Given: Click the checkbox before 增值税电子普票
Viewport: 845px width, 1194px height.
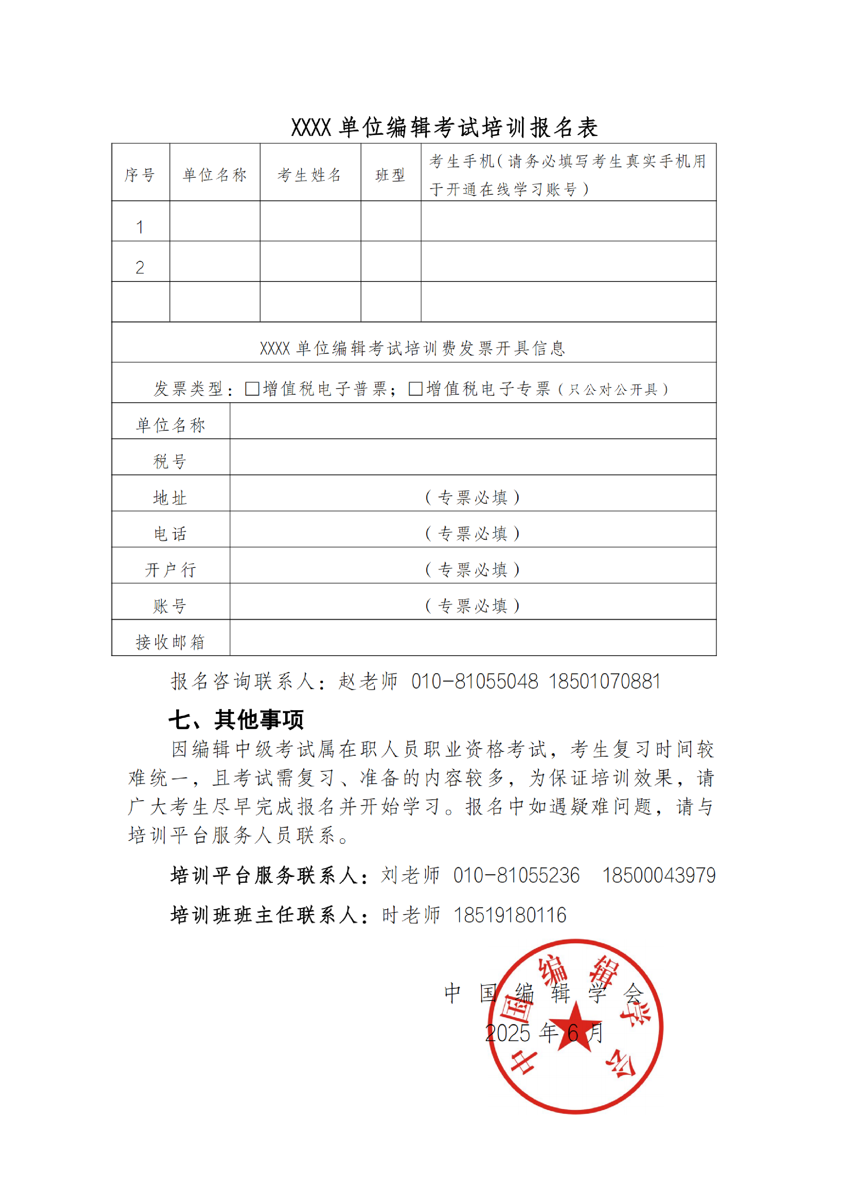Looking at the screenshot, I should click(252, 389).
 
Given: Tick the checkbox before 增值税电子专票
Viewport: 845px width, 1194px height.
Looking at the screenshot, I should click(415, 389).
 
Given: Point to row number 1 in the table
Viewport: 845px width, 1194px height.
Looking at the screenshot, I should click(139, 227).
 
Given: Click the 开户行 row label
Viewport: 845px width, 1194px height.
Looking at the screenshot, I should click(170, 570).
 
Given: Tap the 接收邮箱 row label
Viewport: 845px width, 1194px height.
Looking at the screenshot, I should click(170, 642).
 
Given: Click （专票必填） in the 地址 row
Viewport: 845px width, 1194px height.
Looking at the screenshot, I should click(473, 498).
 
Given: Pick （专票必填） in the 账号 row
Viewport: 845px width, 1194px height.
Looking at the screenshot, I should click(473, 606).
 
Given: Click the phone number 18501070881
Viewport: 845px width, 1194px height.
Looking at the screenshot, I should click(604, 681).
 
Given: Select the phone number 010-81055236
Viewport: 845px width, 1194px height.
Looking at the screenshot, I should click(516, 875).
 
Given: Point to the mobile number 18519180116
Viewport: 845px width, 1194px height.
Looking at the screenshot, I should click(510, 915).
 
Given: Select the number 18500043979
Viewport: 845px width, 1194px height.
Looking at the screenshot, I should click(659, 875).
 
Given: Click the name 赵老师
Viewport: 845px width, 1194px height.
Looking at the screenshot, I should click(368, 681).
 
